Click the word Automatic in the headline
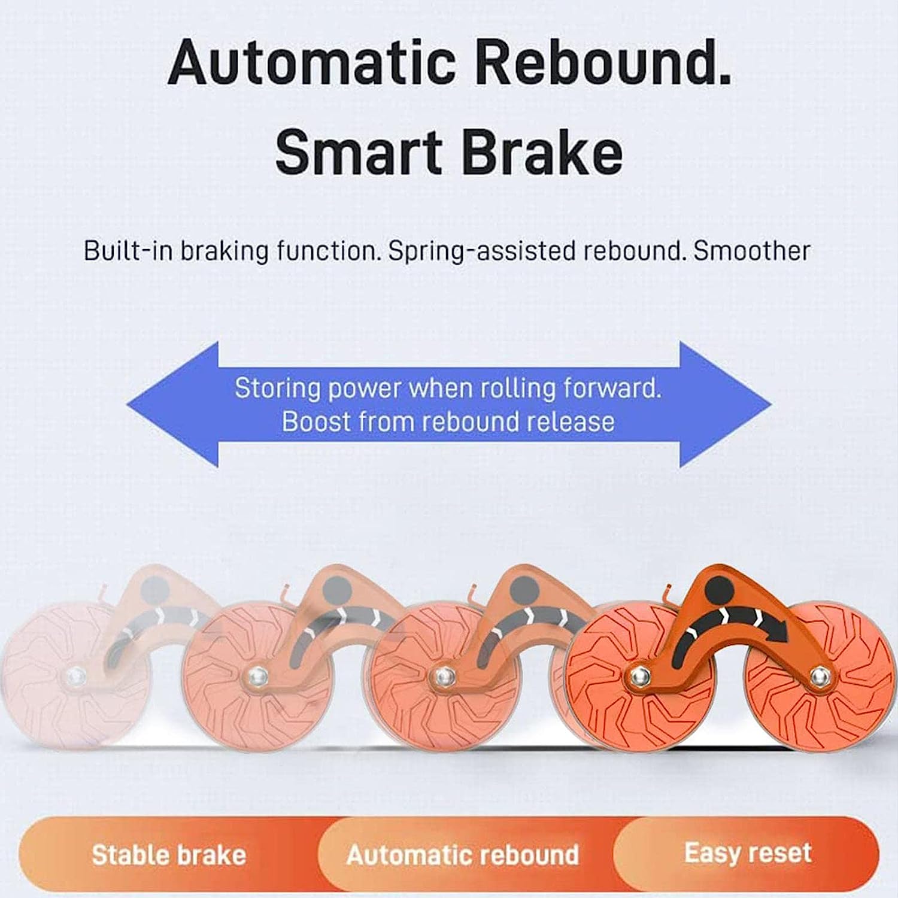312,62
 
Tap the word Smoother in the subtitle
752,250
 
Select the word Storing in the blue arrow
278,389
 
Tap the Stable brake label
169,855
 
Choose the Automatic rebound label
463,854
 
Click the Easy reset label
748,852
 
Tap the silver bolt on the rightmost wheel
818,677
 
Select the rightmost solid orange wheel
819,678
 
